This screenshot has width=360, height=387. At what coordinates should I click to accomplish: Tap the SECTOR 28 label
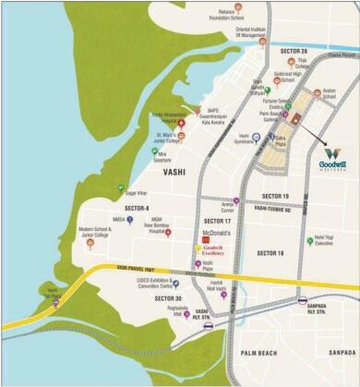click(x=292, y=52)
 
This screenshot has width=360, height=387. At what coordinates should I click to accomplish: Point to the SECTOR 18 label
click(x=270, y=252)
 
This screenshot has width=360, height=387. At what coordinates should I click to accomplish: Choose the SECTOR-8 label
click(x=135, y=209)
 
